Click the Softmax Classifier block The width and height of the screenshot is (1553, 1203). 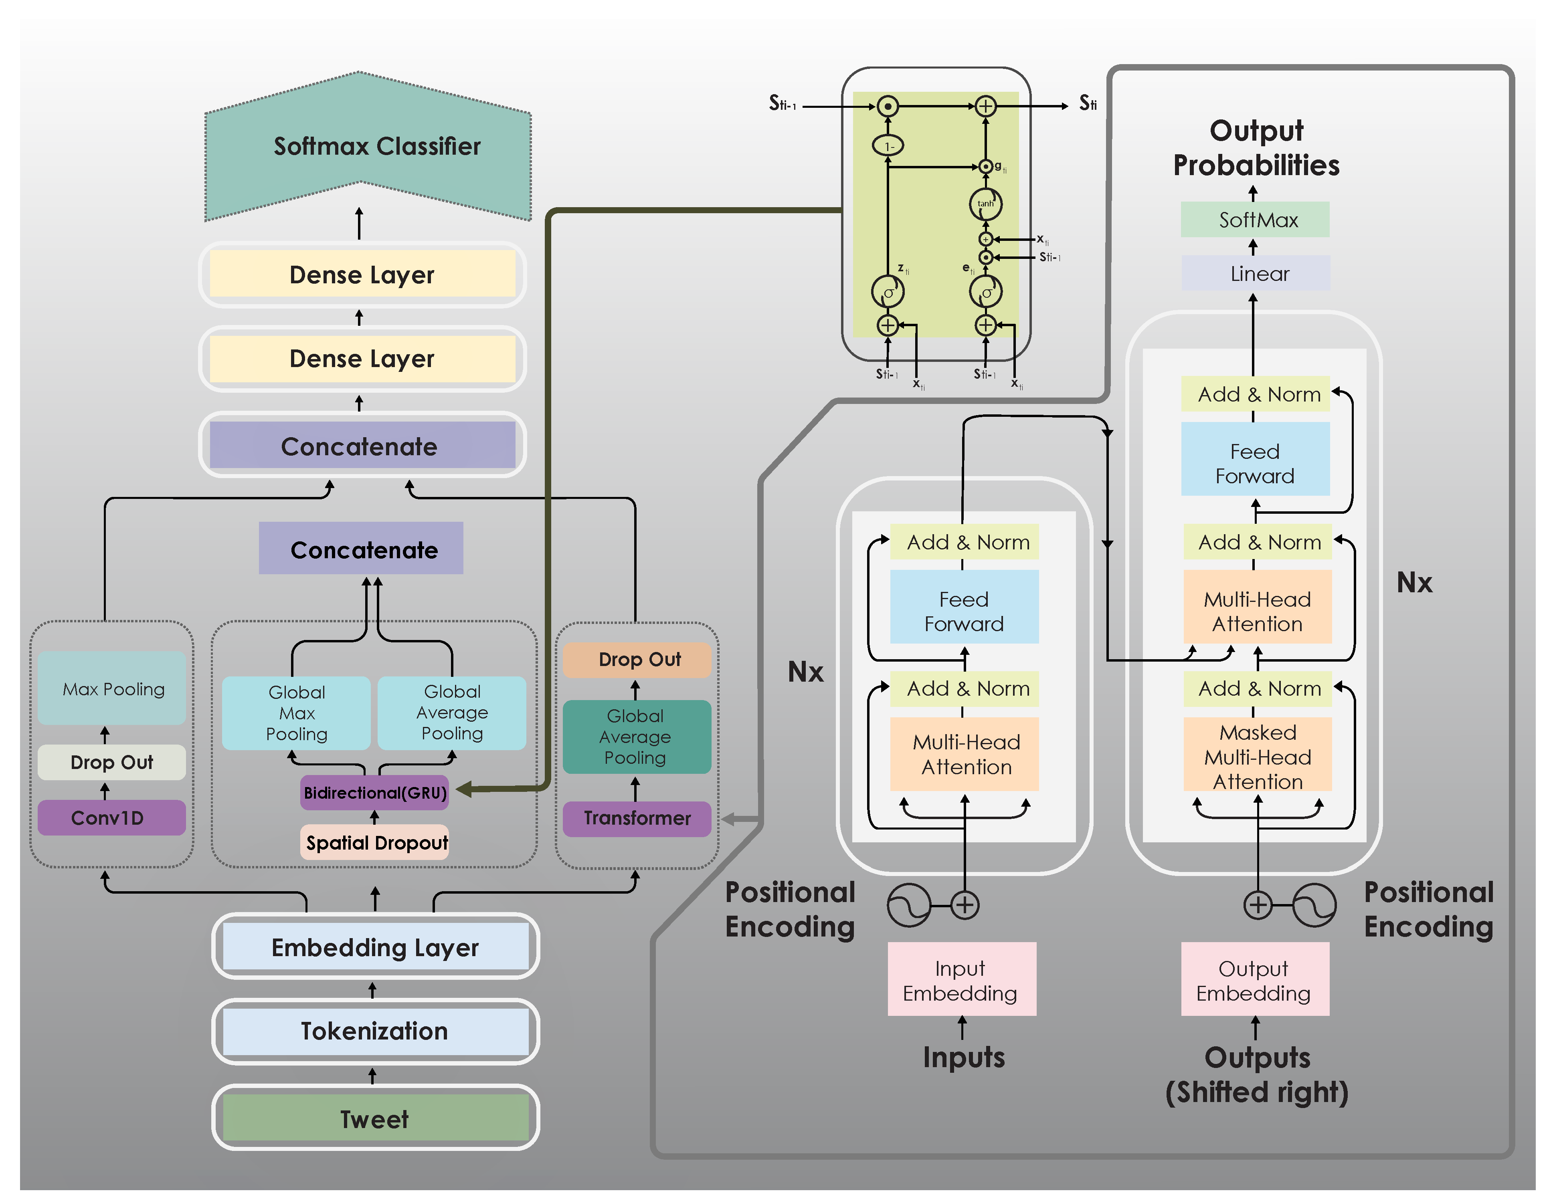[368, 146]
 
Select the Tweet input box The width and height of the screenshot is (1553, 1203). [375, 1118]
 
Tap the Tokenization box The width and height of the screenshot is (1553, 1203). [375, 1031]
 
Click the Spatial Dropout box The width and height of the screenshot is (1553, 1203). [375, 842]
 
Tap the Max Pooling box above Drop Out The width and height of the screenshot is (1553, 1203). [112, 688]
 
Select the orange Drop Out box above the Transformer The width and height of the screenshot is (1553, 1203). [637, 660]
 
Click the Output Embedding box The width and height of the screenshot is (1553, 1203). [1254, 980]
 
